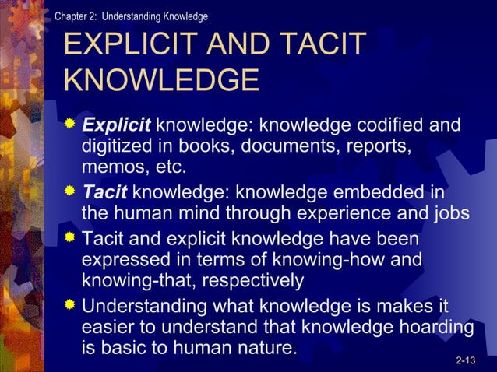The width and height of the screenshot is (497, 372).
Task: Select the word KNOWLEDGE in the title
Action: [x=160, y=81]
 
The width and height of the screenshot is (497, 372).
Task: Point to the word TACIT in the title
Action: [x=319, y=45]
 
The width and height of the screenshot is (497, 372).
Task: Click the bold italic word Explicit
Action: [x=118, y=125]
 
